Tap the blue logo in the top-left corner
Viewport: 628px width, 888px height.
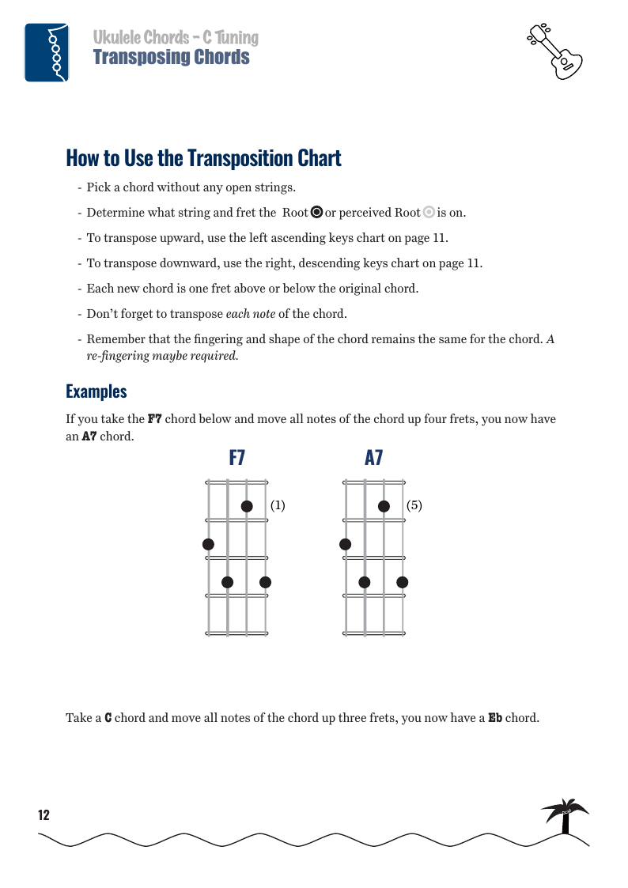click(47, 52)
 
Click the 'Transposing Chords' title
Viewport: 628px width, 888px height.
click(171, 58)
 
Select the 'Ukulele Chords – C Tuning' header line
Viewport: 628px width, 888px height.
click(176, 37)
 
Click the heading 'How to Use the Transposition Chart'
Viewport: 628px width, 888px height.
click(203, 158)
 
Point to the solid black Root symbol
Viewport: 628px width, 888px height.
click(316, 212)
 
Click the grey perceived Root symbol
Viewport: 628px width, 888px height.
click(429, 212)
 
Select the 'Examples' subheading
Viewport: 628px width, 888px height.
click(96, 391)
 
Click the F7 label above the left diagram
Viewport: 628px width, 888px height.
click(236, 457)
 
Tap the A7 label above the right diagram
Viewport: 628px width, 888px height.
click(374, 457)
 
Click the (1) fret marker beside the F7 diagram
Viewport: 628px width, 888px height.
click(278, 504)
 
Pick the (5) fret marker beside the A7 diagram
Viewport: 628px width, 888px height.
click(414, 504)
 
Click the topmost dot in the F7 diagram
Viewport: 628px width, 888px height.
click(247, 506)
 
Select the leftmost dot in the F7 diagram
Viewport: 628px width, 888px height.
click(208, 544)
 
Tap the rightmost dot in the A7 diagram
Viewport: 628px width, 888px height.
click(403, 582)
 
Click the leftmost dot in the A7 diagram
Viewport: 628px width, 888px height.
click(345, 544)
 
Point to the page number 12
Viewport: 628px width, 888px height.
click(44, 815)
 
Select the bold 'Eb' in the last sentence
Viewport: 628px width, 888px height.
click(495, 718)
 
